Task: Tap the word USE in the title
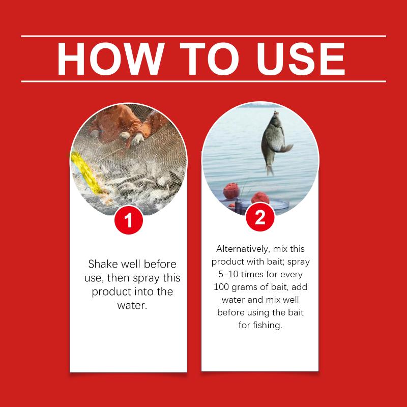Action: click(x=301, y=59)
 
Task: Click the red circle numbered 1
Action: click(x=129, y=220)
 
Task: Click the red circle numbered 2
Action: click(x=260, y=217)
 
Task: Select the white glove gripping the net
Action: click(x=137, y=139)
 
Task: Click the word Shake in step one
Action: click(x=103, y=264)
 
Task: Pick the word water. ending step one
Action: click(x=132, y=305)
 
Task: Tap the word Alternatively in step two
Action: click(x=243, y=249)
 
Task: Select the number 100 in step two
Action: click(x=221, y=287)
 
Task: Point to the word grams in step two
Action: click(x=243, y=287)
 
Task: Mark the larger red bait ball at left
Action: click(x=231, y=190)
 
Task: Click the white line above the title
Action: click(x=203, y=36)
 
